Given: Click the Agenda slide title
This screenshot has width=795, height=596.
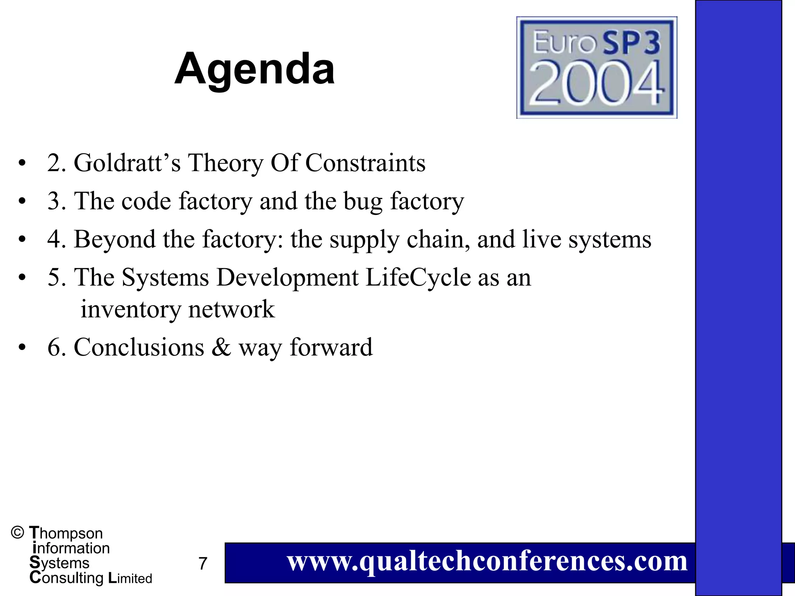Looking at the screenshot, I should click(255, 69).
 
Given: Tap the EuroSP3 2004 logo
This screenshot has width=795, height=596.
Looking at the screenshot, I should click(597, 67).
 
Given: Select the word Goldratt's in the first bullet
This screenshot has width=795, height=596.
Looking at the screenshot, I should click(127, 163).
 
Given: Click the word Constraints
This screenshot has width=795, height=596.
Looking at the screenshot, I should click(365, 163).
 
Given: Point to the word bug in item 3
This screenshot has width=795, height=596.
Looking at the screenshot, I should click(363, 201).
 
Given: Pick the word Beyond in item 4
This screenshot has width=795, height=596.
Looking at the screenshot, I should click(115, 239).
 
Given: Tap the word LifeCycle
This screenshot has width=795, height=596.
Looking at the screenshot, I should click(418, 277).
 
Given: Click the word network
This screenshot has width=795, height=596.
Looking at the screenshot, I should click(232, 309).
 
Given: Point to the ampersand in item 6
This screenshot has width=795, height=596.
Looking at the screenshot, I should click(221, 347).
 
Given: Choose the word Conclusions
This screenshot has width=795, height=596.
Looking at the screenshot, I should click(139, 347).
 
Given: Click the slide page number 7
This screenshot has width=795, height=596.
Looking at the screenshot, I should click(203, 563).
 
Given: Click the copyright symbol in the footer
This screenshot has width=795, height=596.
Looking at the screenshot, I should click(17, 532).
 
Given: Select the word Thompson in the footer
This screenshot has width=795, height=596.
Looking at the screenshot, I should click(66, 533).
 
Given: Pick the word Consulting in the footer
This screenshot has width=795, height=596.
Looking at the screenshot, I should click(66, 578).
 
